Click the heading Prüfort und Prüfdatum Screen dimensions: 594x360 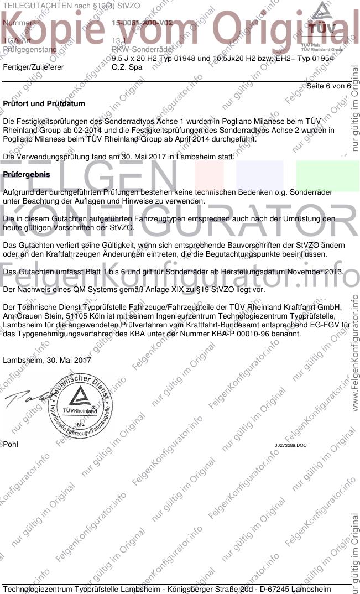click(44, 103)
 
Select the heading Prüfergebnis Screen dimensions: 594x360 click(27, 175)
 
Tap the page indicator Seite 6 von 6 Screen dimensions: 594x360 click(328, 86)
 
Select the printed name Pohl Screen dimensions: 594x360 click(11, 444)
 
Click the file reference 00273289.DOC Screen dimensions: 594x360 click(290, 445)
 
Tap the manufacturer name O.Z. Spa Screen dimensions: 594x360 click(127, 67)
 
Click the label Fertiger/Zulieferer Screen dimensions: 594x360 click(33, 67)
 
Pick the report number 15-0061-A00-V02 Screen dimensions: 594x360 click(142, 23)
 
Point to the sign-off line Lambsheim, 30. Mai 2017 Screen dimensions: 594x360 click(48, 360)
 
